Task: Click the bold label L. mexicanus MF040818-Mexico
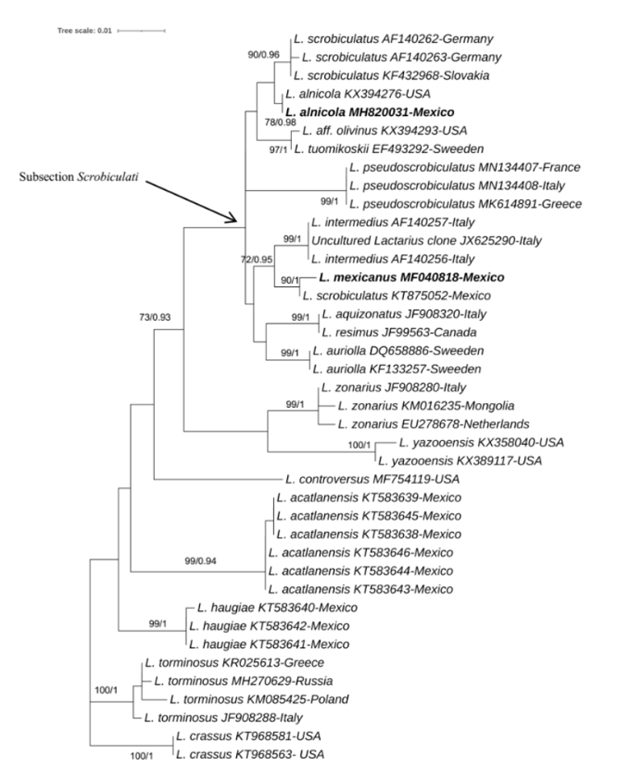pos(411,277)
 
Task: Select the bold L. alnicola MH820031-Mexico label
pos(369,111)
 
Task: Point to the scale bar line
pos(141,31)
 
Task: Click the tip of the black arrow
pos(237,222)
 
